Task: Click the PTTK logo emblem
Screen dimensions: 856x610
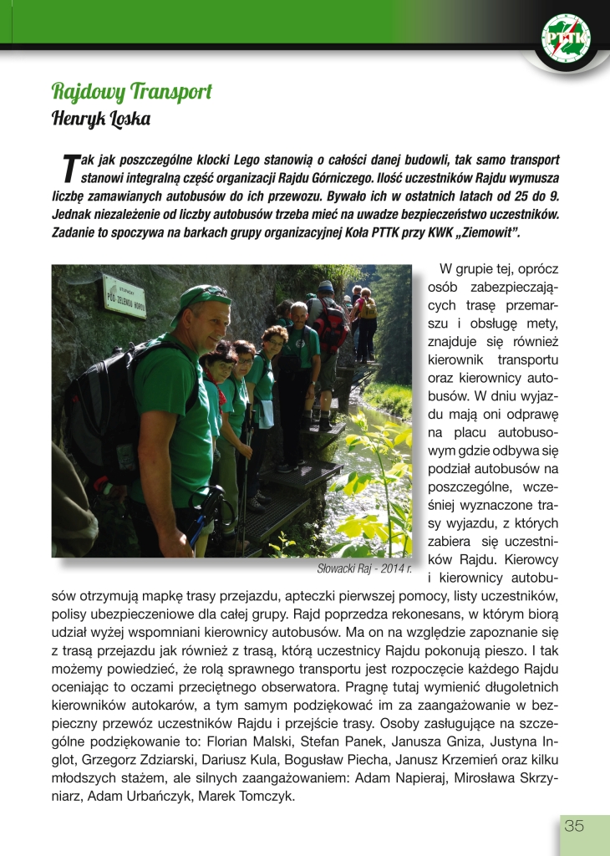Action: point(566,38)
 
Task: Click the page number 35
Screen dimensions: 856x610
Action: point(574,827)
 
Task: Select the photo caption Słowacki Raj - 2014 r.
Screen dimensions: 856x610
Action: point(365,568)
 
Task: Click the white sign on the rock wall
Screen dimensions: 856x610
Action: point(124,296)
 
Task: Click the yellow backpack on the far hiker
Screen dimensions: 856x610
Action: point(368,308)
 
